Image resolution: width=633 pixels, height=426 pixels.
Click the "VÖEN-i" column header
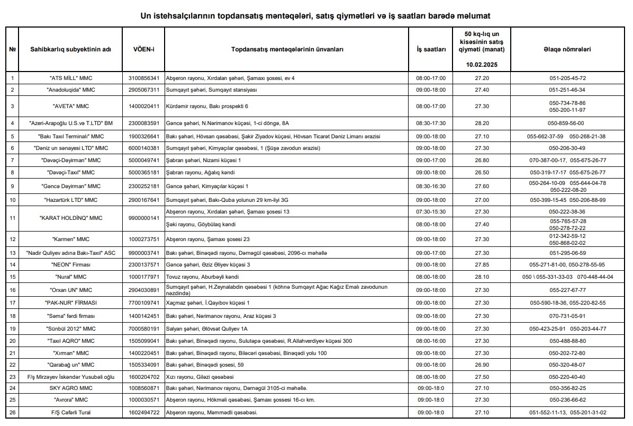point(143,49)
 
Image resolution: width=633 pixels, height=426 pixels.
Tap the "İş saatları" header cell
point(431,49)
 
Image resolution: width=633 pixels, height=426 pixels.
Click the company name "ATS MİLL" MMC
point(70,78)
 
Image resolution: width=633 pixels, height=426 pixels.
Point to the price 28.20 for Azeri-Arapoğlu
point(482,123)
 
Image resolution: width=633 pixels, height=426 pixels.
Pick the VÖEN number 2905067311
point(143,90)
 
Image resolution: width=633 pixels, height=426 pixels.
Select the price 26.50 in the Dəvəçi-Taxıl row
point(482,172)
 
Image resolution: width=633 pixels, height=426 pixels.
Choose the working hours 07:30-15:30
point(431,211)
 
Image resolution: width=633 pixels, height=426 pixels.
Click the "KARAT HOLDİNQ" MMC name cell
point(70,218)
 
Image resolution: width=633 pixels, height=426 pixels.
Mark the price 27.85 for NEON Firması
point(482,264)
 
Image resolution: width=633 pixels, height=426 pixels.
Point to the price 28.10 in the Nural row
point(482,277)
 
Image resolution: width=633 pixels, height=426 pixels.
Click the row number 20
point(12,341)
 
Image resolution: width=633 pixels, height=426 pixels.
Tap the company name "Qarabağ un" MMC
point(70,365)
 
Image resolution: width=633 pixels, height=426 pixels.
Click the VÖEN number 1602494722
point(143,412)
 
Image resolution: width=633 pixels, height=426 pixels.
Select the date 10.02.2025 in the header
point(482,65)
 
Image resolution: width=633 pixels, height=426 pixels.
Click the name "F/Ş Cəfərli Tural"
point(70,412)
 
